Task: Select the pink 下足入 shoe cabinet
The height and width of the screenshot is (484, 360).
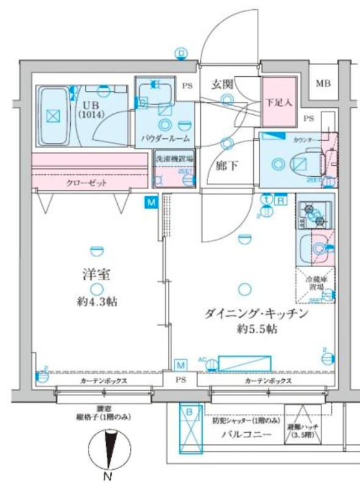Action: coord(279,104)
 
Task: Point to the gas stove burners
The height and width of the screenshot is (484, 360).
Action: coord(315,213)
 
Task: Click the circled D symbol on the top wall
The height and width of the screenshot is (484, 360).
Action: coord(181,54)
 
